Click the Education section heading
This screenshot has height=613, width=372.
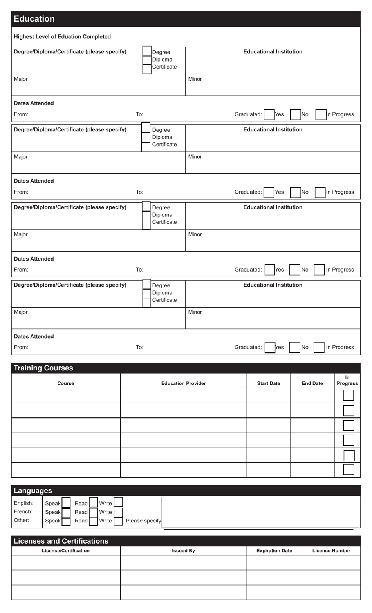tap(34, 19)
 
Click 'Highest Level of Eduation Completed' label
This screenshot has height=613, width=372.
tap(63, 37)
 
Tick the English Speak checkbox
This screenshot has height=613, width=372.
tap(66, 503)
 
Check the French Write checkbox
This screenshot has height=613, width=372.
tap(118, 512)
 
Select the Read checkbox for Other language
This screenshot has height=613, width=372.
tap(93, 521)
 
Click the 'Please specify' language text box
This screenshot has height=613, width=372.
tap(260, 512)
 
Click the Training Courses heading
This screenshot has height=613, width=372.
tap(43, 368)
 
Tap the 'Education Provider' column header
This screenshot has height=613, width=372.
tap(183, 383)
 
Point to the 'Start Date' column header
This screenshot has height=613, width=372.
tap(268, 383)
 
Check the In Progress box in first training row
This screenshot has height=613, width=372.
tap(348, 395)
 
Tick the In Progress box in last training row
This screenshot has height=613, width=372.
tap(349, 470)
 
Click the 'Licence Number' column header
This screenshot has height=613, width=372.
tap(331, 551)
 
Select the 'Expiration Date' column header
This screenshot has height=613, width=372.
tap(274, 551)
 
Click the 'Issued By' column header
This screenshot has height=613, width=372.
tap(183, 551)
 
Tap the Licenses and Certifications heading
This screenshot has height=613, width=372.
tap(61, 541)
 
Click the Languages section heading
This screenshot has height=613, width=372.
tap(33, 491)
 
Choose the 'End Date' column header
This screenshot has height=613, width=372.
tap(312, 383)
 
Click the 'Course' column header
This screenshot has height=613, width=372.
tap(65, 383)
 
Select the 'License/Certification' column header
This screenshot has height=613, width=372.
tap(65, 551)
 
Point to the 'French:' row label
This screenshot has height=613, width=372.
tap(23, 512)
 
